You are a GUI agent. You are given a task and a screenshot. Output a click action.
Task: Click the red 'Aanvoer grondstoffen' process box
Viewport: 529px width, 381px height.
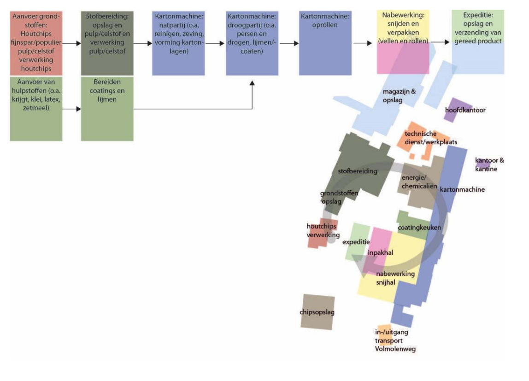(35, 42)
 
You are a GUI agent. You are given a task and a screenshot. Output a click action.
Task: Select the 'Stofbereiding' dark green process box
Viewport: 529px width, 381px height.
(107, 42)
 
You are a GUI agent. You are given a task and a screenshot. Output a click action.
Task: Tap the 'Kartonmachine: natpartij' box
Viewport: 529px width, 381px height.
(178, 42)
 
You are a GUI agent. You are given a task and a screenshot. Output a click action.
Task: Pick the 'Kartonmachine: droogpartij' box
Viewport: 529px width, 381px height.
(252, 42)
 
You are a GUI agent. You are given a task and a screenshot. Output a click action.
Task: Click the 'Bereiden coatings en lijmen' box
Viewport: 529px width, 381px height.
(107, 109)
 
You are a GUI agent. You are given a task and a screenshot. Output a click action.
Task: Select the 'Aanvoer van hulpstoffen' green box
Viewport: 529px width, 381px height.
(35, 109)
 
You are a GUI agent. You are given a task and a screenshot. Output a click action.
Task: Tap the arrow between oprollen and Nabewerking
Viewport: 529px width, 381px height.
(362, 43)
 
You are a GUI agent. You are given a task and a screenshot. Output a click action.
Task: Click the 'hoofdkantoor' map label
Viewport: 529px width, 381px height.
(465, 110)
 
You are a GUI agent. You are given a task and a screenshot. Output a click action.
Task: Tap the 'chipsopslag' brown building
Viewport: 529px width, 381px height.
(317, 312)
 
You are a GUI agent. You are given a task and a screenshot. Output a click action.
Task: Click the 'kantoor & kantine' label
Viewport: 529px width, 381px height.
(489, 165)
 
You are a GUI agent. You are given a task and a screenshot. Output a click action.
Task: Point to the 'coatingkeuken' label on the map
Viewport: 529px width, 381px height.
(419, 228)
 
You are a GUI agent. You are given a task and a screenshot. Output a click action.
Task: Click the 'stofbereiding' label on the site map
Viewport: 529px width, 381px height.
(358, 171)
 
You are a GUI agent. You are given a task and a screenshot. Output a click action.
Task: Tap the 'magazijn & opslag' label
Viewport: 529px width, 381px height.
(399, 95)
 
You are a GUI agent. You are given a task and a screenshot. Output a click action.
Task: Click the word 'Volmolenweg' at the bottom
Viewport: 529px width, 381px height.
(395, 349)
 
